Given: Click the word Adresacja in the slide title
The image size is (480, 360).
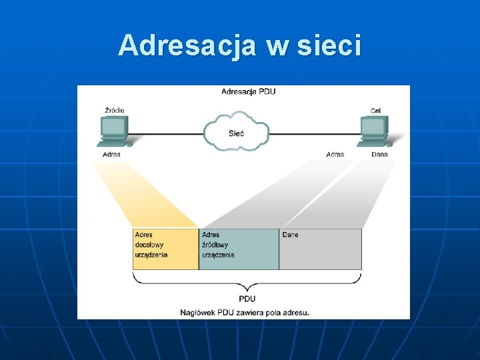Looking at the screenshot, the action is pos(186,46).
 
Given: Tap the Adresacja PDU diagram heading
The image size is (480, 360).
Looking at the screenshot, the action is pos(248,91).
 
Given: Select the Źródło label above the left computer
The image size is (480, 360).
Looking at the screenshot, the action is pos(114,110).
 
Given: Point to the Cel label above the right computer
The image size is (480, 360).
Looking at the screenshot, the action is pos(376,110).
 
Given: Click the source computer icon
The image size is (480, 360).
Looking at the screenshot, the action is pos(114,131).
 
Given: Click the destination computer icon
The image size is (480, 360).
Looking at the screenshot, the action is pos(374,131).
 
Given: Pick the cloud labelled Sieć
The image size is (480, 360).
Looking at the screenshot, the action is pos(237,133).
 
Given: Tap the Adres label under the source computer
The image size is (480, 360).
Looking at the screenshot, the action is pos(111,154).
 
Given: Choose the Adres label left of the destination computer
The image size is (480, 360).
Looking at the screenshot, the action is pos(335,154).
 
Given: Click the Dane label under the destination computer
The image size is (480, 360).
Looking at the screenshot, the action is pos(379,154).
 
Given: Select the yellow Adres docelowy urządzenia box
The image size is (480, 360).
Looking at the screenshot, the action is pos(166,249).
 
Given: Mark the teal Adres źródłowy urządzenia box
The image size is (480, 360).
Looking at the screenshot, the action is pos(239,249).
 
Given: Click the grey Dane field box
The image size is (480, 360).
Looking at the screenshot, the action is pos(320,249).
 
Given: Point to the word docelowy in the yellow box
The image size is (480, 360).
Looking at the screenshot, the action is pos(149,245).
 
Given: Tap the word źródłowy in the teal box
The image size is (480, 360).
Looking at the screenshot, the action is pos(215,245).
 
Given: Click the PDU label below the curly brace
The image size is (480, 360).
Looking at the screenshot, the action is pos(247,299).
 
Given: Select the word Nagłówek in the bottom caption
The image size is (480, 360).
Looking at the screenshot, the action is pos(197,312).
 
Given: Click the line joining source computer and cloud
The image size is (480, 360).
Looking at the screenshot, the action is pos(167,133).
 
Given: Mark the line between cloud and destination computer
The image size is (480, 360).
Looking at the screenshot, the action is pos(313,133).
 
